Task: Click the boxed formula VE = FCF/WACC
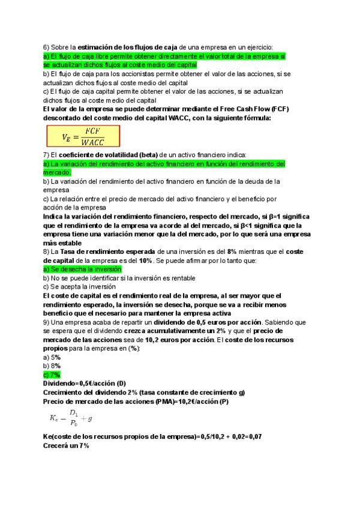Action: click(x=83, y=137)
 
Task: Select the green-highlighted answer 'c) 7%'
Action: click(x=52, y=374)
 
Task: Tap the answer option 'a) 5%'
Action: click(x=52, y=357)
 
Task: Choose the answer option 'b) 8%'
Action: click(x=52, y=366)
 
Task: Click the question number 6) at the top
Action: click(x=47, y=47)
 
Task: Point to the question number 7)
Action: click(x=47, y=155)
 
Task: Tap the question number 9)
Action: click(x=47, y=322)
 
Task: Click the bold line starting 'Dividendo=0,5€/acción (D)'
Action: click(x=85, y=383)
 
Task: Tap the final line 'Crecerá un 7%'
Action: click(x=67, y=445)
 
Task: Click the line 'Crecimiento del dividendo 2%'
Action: click(x=144, y=392)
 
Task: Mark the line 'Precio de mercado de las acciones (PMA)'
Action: click(x=136, y=400)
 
